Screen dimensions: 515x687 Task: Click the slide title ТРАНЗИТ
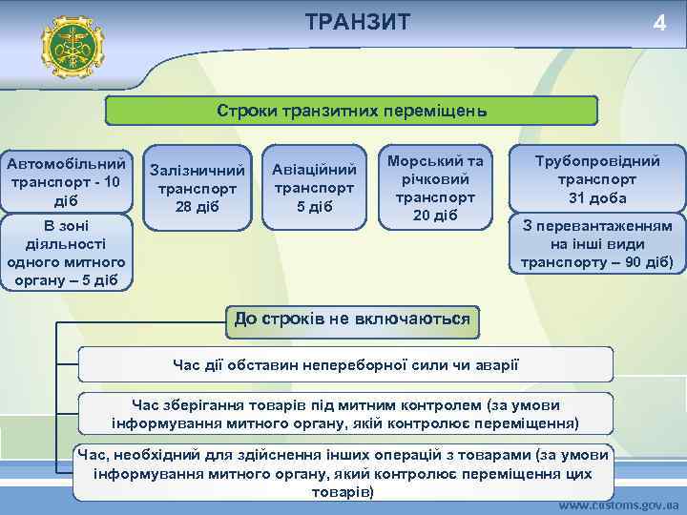pyautogui.click(x=358, y=22)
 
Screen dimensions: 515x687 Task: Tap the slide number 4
pyautogui.click(x=658, y=24)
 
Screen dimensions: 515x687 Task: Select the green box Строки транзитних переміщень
pyautogui.click(x=351, y=110)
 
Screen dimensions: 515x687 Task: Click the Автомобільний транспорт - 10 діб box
pyautogui.click(x=66, y=180)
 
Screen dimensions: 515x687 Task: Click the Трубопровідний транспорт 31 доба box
pyautogui.click(x=596, y=179)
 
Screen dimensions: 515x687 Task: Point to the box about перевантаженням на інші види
pyautogui.click(x=596, y=244)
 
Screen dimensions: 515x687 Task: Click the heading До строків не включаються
pyautogui.click(x=352, y=319)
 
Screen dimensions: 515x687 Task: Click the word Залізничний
pyautogui.click(x=198, y=169)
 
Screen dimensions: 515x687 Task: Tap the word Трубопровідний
pyautogui.click(x=596, y=160)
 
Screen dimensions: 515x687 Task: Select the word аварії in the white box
pyautogui.click(x=494, y=363)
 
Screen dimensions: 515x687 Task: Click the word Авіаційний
pyautogui.click(x=314, y=169)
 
